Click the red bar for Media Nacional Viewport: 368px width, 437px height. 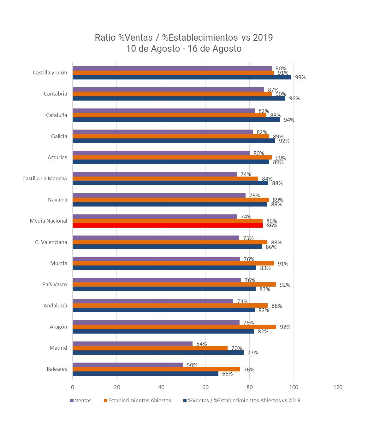point(168,225)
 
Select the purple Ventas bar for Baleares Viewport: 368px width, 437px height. point(128,365)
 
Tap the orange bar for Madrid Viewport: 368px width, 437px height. point(150,348)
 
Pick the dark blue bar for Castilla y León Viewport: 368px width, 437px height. point(182,77)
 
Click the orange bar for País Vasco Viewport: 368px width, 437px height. point(174,284)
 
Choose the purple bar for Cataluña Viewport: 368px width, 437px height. point(163,111)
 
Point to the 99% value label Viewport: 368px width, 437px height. point(300,77)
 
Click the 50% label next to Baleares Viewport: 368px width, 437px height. point(192,365)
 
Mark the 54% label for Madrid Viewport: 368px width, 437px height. point(201,344)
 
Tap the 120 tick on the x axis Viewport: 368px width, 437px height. point(338,387)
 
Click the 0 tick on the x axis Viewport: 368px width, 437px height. point(73,387)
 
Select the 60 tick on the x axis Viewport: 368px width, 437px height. point(205,387)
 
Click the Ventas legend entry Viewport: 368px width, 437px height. point(83,400)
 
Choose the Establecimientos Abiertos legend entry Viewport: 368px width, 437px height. point(139,400)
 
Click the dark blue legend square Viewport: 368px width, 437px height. point(185,401)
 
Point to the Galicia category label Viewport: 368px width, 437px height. point(59,136)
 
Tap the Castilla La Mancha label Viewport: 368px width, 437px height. point(45,178)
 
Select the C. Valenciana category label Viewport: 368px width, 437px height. point(51,242)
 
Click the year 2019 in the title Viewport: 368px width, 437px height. point(263,38)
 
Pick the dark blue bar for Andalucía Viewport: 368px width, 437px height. point(164,310)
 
